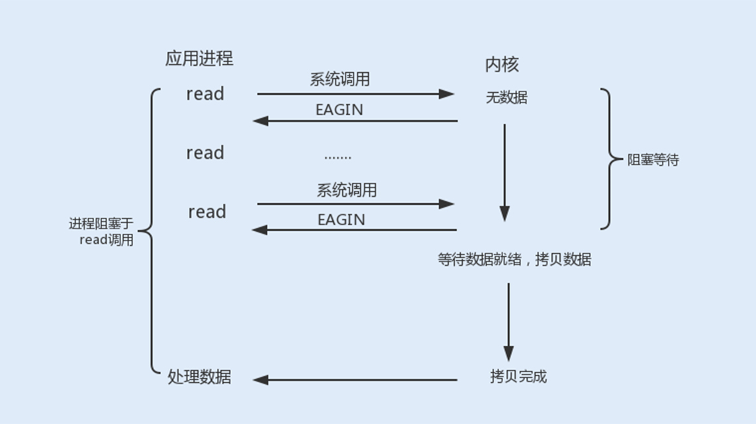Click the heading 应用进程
(199, 58)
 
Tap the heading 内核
(502, 64)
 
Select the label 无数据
(507, 98)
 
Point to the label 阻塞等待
(653, 160)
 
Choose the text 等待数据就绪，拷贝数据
(514, 260)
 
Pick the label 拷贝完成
(518, 377)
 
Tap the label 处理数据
(199, 378)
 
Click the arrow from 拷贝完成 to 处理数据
(355, 380)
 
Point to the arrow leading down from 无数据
(504, 172)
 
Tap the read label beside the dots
(205, 153)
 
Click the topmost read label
(205, 94)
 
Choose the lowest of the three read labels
(207, 212)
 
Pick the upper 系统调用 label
(340, 79)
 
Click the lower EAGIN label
(341, 219)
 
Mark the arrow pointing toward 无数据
(355, 94)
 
